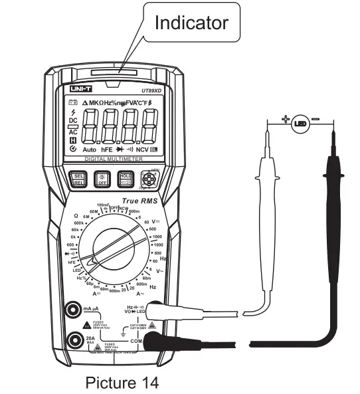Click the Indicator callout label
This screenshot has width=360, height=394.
(x=191, y=23)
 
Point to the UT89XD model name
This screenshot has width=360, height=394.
(x=152, y=91)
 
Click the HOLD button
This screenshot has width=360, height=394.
(x=126, y=177)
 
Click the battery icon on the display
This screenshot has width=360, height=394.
(x=74, y=102)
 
